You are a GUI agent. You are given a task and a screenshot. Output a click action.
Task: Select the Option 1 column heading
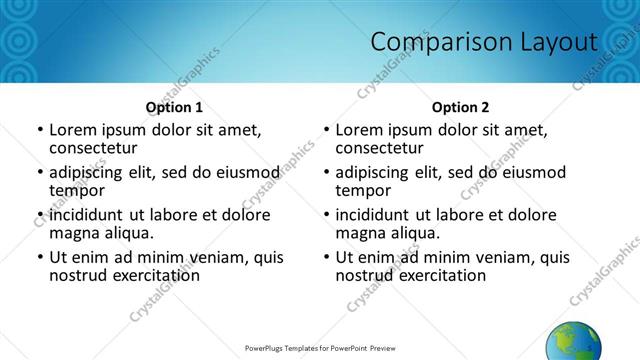point(174,107)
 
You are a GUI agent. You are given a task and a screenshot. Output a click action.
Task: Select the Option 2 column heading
point(460,107)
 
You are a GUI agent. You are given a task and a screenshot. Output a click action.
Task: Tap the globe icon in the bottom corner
point(573,341)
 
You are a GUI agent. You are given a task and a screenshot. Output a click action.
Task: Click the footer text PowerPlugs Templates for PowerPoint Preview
point(320,349)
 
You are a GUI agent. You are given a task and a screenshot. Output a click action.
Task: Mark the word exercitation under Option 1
point(145,274)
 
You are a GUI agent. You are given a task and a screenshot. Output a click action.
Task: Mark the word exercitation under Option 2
point(431,274)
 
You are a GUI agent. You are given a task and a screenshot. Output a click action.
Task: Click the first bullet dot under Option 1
point(40,130)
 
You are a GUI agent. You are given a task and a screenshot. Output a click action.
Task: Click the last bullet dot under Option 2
point(326,257)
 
